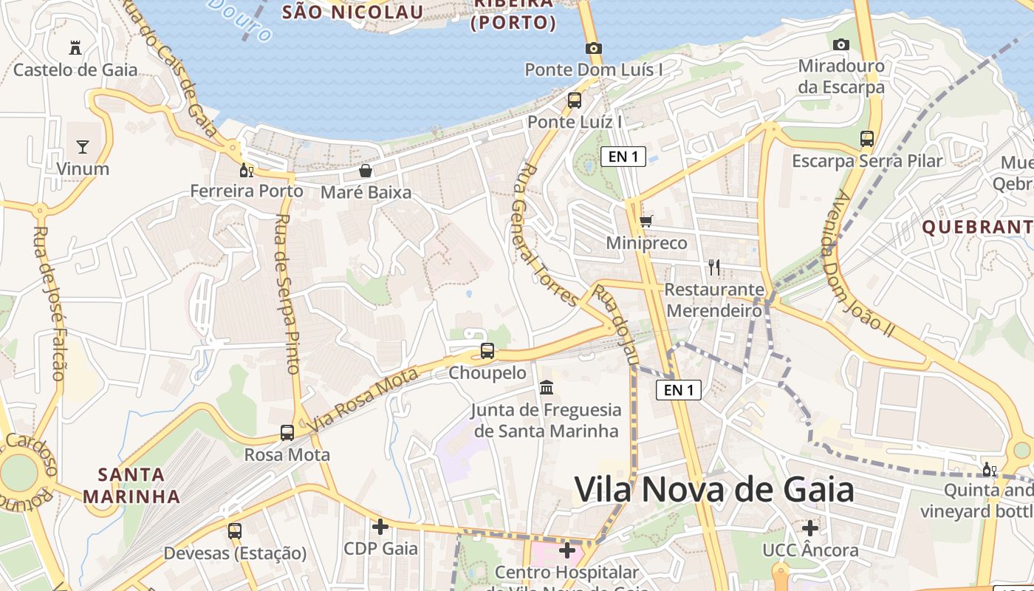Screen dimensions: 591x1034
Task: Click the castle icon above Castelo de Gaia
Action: (x=75, y=48)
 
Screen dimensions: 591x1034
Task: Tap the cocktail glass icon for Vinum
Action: (x=83, y=146)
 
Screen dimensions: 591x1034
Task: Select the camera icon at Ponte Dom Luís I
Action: (x=593, y=48)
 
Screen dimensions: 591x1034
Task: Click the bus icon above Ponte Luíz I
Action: (x=575, y=100)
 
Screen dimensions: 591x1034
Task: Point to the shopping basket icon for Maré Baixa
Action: (x=366, y=171)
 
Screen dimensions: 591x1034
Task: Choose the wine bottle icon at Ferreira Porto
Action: (x=247, y=170)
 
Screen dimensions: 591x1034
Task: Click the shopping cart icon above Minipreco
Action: (x=646, y=221)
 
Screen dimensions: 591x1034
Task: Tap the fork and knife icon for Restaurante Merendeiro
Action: (x=713, y=267)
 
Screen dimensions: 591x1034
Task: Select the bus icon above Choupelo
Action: (x=487, y=351)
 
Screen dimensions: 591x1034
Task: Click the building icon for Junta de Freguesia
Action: (x=547, y=387)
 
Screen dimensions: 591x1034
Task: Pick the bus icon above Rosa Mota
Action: (x=287, y=433)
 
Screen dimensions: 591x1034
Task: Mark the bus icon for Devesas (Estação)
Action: (x=235, y=530)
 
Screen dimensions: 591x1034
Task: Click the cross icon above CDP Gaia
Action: (x=380, y=527)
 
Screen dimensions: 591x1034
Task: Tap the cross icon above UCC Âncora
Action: (x=810, y=528)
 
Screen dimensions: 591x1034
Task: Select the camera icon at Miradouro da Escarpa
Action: (x=840, y=44)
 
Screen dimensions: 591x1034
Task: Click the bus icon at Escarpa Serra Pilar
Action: (x=867, y=138)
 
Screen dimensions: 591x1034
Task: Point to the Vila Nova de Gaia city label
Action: (x=714, y=489)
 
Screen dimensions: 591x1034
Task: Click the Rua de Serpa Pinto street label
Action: (x=287, y=293)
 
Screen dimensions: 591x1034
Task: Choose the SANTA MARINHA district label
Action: (x=132, y=485)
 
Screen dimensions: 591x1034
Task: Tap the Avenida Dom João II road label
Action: (x=861, y=264)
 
